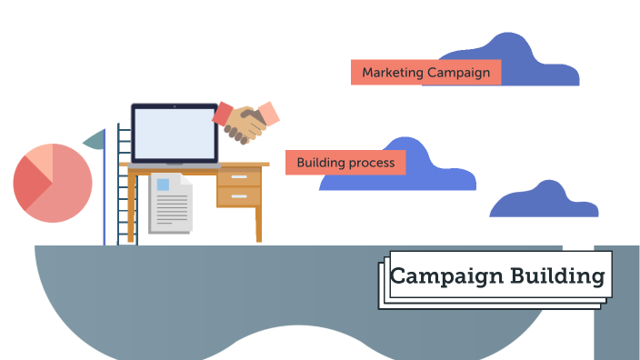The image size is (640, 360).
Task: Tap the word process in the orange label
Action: pos(374,164)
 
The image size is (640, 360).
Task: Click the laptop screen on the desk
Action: pos(175,133)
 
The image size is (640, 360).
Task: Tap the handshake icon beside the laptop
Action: pos(244,123)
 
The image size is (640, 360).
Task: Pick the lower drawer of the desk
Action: pos(238,195)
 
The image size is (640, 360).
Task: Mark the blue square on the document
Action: pos(164,185)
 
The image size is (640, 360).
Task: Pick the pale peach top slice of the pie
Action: pos(40,158)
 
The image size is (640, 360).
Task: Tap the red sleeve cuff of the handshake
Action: pos(222,113)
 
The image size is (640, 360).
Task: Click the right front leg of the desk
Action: pos(258,224)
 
